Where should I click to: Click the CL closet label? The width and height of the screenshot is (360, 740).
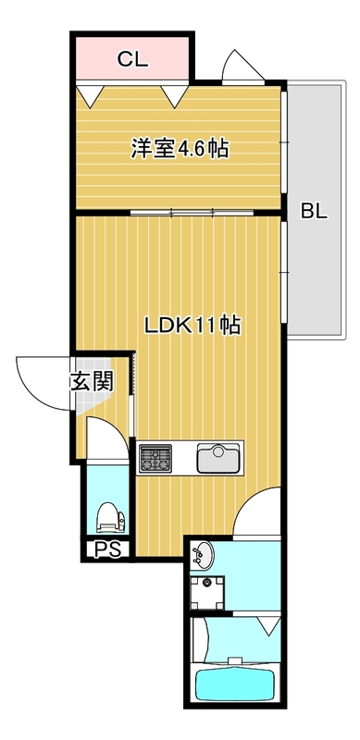(132, 60)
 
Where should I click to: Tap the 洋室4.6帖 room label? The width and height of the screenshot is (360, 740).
(180, 147)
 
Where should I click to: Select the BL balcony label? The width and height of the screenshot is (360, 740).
(314, 211)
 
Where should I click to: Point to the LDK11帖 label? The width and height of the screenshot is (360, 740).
(192, 326)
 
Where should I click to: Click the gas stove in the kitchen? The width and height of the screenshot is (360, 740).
(155, 457)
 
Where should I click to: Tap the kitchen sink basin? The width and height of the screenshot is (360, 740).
(219, 457)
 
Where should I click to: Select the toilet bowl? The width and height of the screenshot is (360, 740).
(108, 515)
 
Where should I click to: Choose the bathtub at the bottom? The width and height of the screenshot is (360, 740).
(237, 685)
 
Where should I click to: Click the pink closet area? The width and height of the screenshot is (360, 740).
(132, 60)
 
